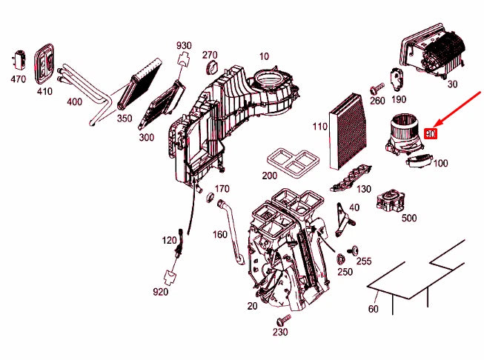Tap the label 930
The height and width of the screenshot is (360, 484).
[x=184, y=46]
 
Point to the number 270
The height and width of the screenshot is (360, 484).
[x=210, y=55]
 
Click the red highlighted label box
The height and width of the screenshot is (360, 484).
[x=431, y=134]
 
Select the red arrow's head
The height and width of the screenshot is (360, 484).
[x=436, y=125]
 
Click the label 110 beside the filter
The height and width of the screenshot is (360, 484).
[x=319, y=127]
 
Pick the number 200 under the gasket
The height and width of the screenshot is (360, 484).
[x=270, y=176]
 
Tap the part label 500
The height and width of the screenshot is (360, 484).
[x=408, y=218]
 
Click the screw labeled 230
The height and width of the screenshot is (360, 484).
[x=281, y=320]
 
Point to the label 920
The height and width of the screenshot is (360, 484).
[x=161, y=292]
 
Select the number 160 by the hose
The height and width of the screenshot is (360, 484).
[x=220, y=235]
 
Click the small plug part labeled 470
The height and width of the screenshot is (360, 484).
[x=20, y=59]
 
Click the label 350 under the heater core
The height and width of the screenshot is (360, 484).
[x=124, y=118]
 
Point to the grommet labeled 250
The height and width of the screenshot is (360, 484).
[x=342, y=259]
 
